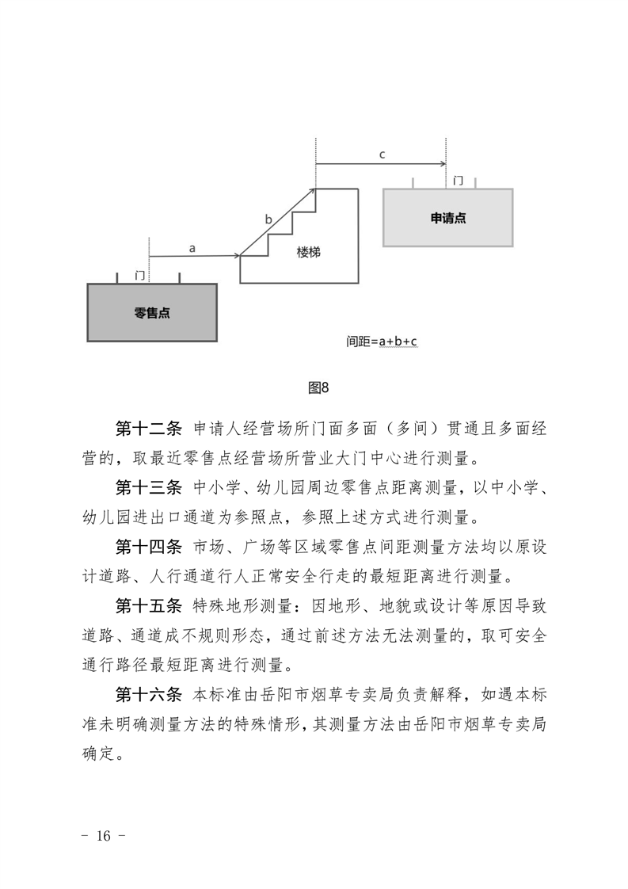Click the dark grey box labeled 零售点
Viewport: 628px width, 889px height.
[x=152, y=312]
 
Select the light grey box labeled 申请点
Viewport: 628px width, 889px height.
[x=447, y=218]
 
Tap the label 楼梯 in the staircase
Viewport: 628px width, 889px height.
[x=309, y=251]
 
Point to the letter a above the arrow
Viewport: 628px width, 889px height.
[x=192, y=247]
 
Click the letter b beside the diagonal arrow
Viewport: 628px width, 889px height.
[x=268, y=219]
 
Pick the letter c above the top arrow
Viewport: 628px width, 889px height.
[x=382, y=155]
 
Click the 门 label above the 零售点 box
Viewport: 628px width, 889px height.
[x=140, y=275]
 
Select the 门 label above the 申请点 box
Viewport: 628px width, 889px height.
[x=458, y=181]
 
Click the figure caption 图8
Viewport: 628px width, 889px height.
[x=318, y=387]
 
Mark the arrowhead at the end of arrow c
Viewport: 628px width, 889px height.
[x=443, y=165]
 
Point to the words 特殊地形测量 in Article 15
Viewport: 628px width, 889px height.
[x=242, y=608]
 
